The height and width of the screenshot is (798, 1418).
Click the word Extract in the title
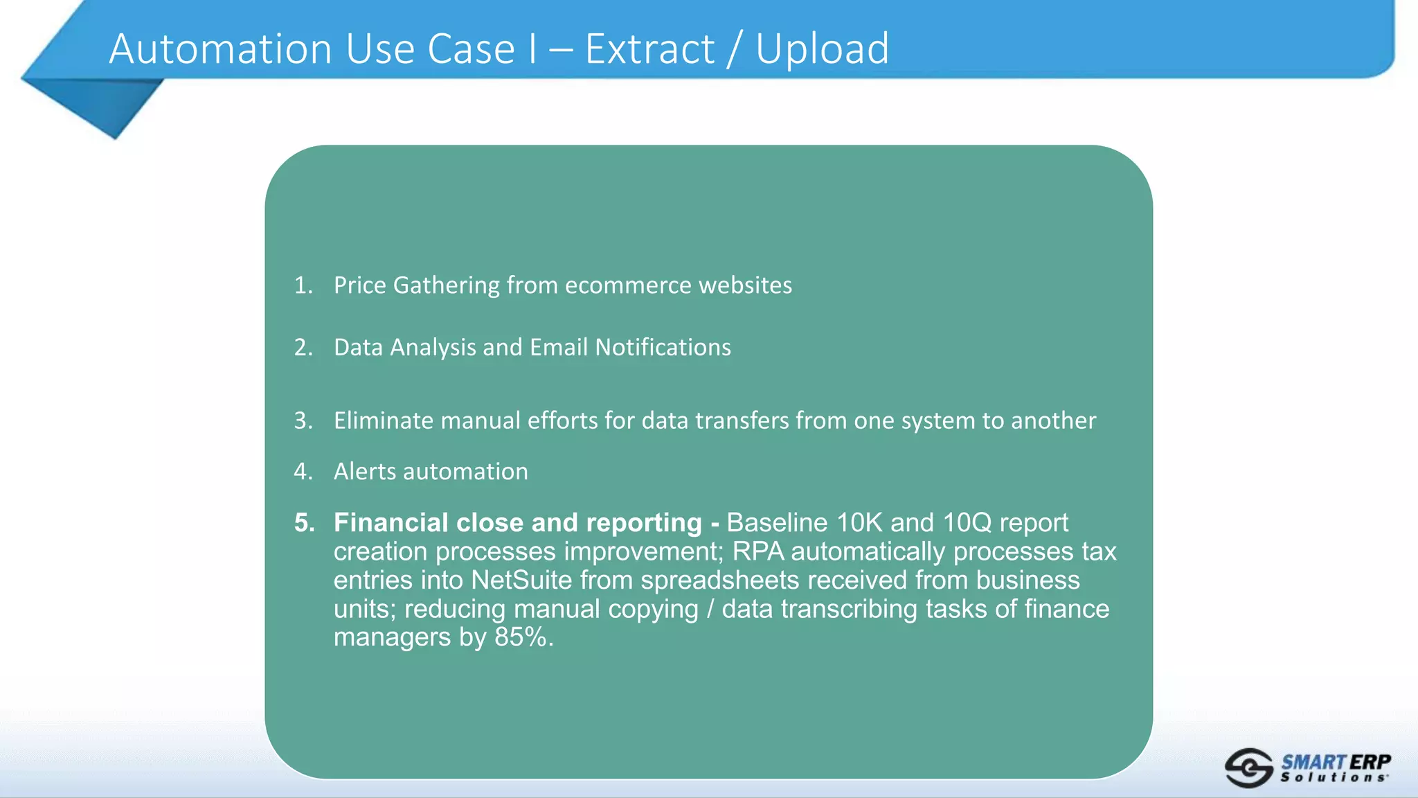click(649, 49)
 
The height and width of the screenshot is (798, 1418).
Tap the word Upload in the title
click(822, 49)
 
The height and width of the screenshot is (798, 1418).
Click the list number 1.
click(303, 285)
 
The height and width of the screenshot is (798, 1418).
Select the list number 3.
click(303, 420)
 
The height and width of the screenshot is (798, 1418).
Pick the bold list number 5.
click(304, 522)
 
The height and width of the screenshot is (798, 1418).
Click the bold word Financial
click(391, 522)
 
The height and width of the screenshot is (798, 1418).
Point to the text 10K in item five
click(859, 522)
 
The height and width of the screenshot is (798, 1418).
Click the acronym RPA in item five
click(758, 551)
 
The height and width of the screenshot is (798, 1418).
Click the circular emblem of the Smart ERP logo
click(1248, 768)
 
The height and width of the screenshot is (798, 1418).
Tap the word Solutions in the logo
click(1333, 778)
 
